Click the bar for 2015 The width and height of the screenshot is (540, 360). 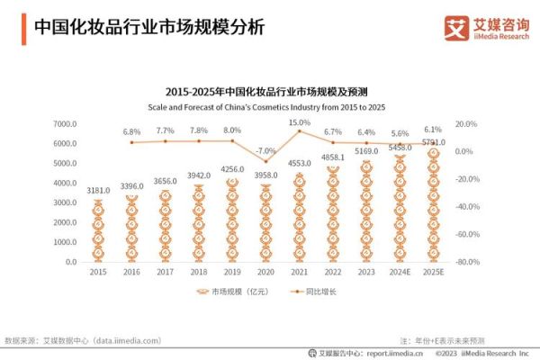click(99, 230)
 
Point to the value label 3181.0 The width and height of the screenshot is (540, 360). click(99, 191)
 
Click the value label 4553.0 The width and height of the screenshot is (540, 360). click(299, 163)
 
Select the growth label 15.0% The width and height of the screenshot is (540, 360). click(299, 121)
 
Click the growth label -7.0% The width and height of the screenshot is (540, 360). click(265, 150)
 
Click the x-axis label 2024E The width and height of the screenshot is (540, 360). click(400, 272)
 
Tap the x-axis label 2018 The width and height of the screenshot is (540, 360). click(198, 272)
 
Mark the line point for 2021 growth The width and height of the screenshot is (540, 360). click(299, 131)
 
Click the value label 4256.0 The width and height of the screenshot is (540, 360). click(231, 169)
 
